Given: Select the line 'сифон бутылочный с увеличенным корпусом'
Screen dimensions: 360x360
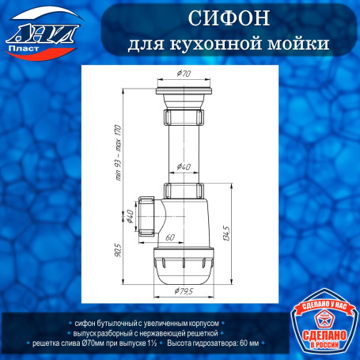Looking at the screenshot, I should click(148, 324).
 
